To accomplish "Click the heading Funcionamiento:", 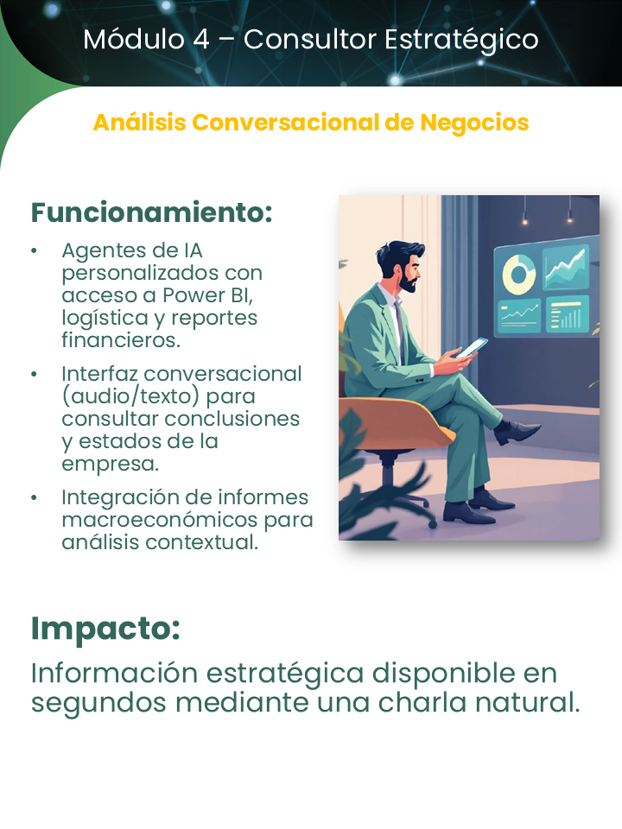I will [152, 212].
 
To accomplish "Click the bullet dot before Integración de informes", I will [34, 498].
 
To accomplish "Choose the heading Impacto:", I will [105, 629].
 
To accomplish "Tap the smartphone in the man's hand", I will [472, 347].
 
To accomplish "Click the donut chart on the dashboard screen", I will [520, 275].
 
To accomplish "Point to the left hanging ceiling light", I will [524, 220].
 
